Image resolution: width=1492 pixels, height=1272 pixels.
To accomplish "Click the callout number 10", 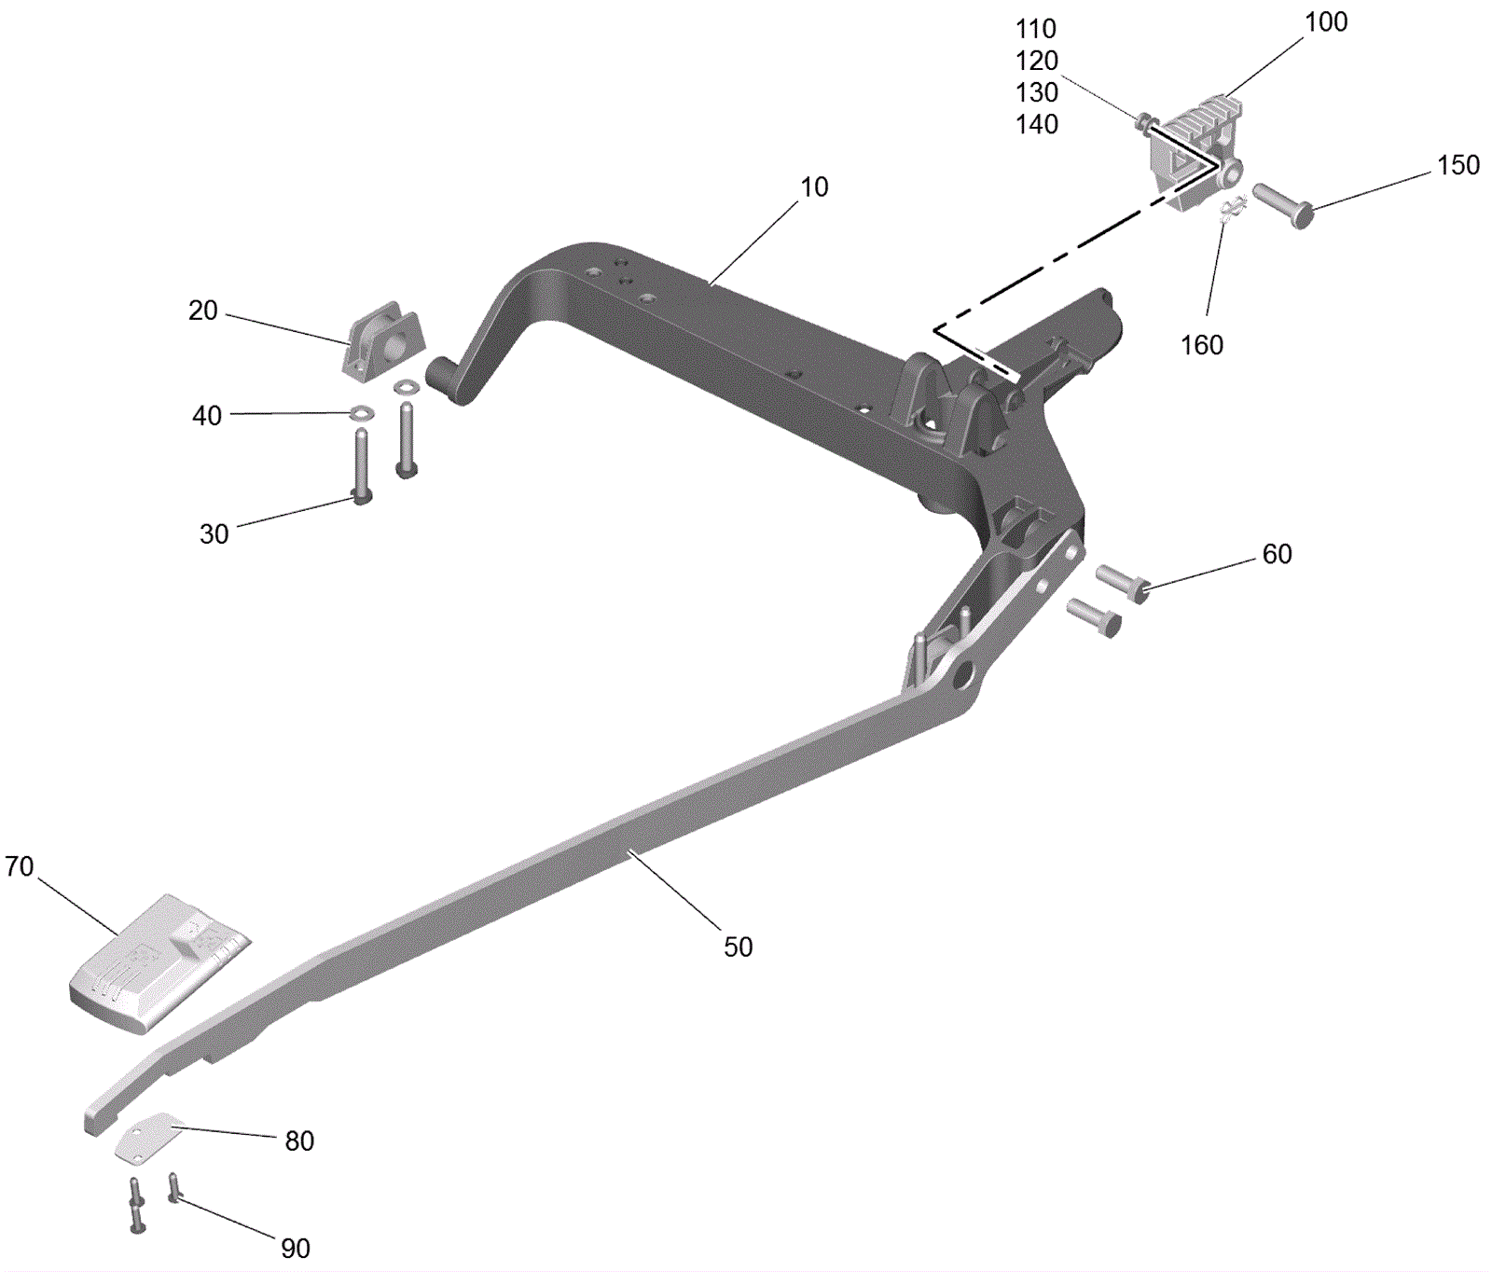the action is pos(814,187).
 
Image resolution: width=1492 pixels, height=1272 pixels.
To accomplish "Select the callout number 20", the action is pos(203,311).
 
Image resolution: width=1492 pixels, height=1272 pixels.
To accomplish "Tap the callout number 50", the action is pos(739,947).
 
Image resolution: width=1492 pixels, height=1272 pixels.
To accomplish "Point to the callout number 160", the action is pos(1202,345).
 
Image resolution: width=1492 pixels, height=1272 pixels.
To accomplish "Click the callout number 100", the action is pos(1326,22).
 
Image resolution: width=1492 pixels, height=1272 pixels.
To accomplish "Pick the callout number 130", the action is pos(1037,93).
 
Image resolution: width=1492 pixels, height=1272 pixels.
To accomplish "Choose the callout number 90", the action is pos(296,1249).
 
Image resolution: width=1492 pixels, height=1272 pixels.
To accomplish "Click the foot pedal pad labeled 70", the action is pos(159,963).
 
